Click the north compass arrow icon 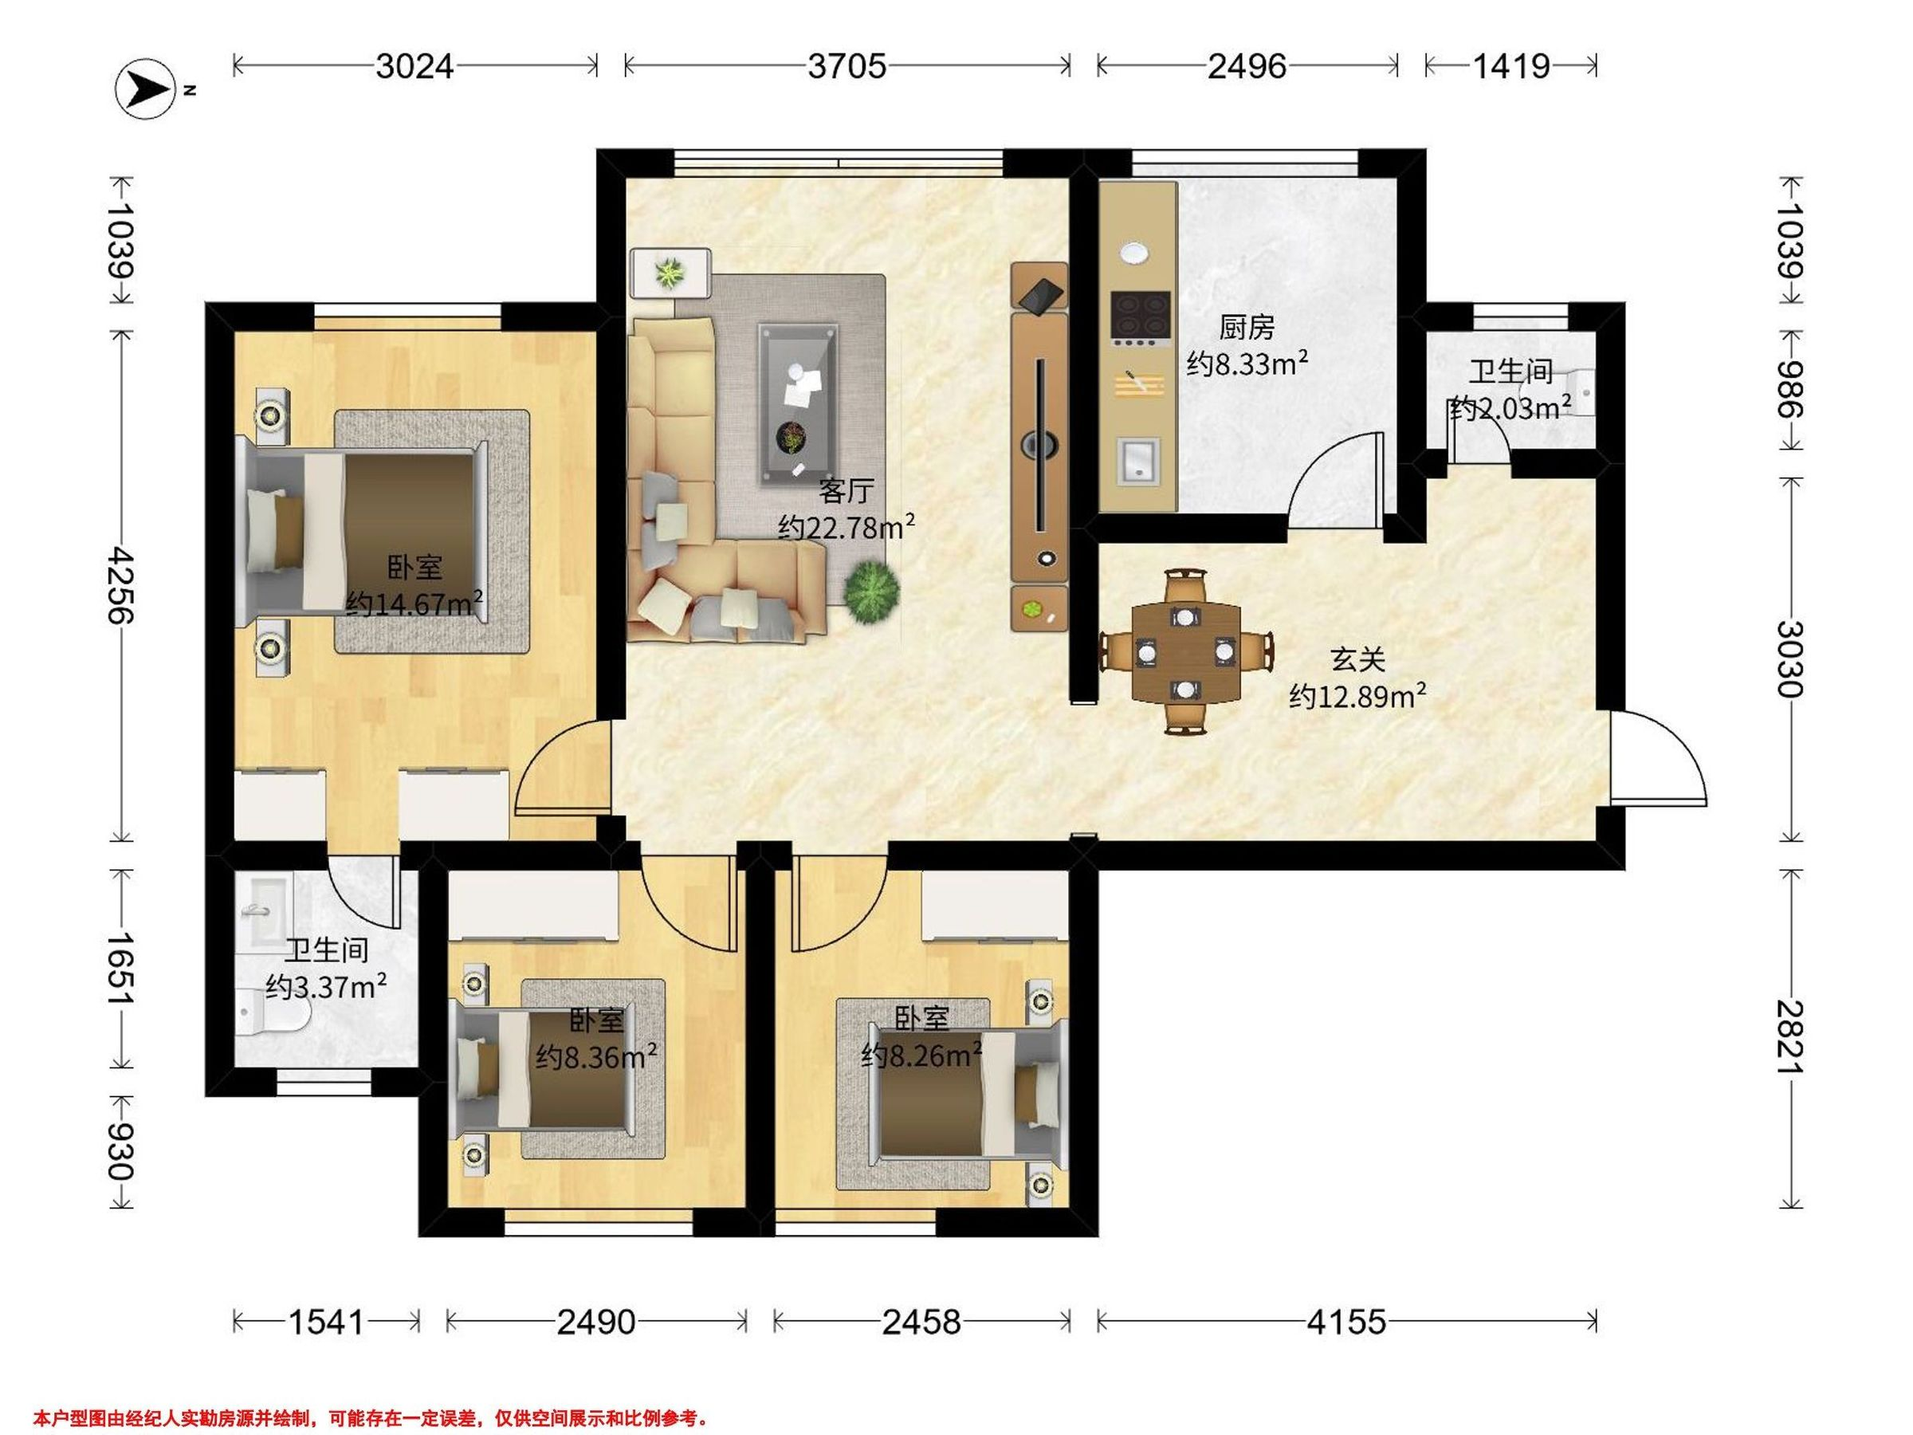click(x=145, y=88)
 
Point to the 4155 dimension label click(x=1345, y=1322)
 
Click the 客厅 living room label click(x=846, y=491)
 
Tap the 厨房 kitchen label click(x=1246, y=328)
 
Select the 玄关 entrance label click(x=1357, y=660)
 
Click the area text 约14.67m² click(x=414, y=603)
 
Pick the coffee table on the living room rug click(x=798, y=404)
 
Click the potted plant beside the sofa click(x=871, y=591)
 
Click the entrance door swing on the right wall click(x=1658, y=757)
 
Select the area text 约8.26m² click(x=922, y=1056)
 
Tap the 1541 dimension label click(x=326, y=1322)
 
